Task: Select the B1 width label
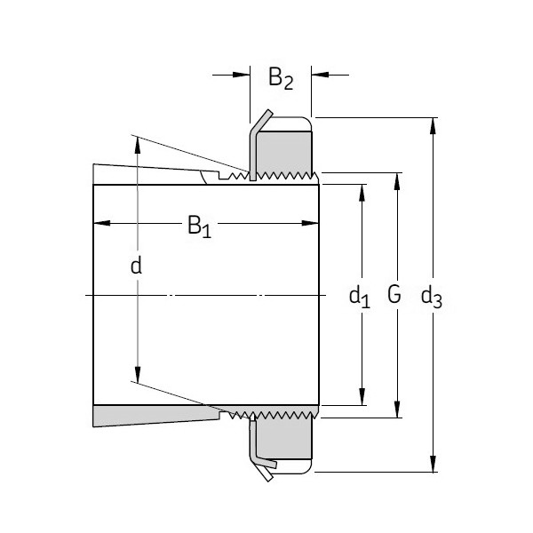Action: click(200, 227)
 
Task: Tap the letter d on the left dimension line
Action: click(136, 265)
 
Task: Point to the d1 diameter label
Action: click(359, 295)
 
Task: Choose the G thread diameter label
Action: click(394, 294)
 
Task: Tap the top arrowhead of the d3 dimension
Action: click(433, 123)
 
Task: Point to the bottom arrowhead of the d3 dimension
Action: click(433, 464)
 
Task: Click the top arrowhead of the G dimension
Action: click(396, 179)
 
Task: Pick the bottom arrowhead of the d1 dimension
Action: click(362, 398)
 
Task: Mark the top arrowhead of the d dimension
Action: click(137, 142)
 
